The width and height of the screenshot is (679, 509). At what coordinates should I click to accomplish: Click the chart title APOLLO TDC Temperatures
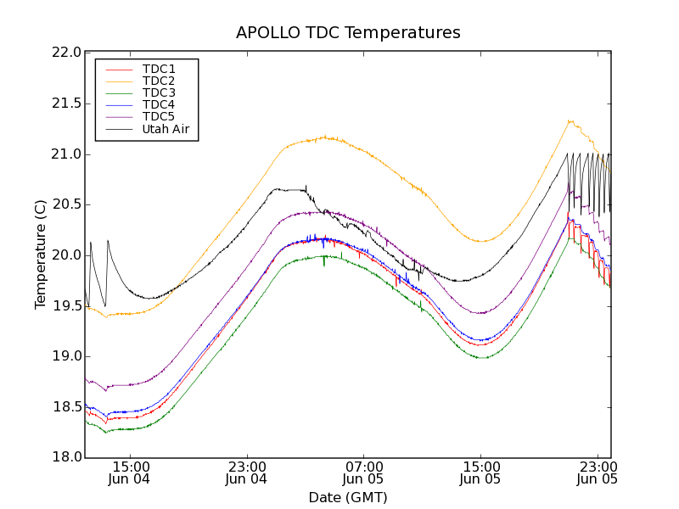348,33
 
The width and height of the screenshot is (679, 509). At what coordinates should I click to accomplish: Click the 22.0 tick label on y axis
67,53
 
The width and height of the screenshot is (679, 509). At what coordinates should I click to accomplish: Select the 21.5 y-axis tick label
67,103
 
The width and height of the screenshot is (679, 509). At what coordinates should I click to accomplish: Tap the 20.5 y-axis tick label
67,204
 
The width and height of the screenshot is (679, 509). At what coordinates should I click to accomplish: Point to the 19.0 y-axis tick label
67,356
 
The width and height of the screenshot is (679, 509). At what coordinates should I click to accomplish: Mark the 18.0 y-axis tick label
67,457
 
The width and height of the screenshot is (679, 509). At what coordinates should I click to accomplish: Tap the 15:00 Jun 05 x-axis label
480,473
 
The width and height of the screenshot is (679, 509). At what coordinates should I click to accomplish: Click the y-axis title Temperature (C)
41,255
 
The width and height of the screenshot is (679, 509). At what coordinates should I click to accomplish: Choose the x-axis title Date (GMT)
348,497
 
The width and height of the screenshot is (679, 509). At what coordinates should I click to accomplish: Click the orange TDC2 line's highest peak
570,120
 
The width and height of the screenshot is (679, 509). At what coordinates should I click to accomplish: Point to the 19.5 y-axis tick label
67,305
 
